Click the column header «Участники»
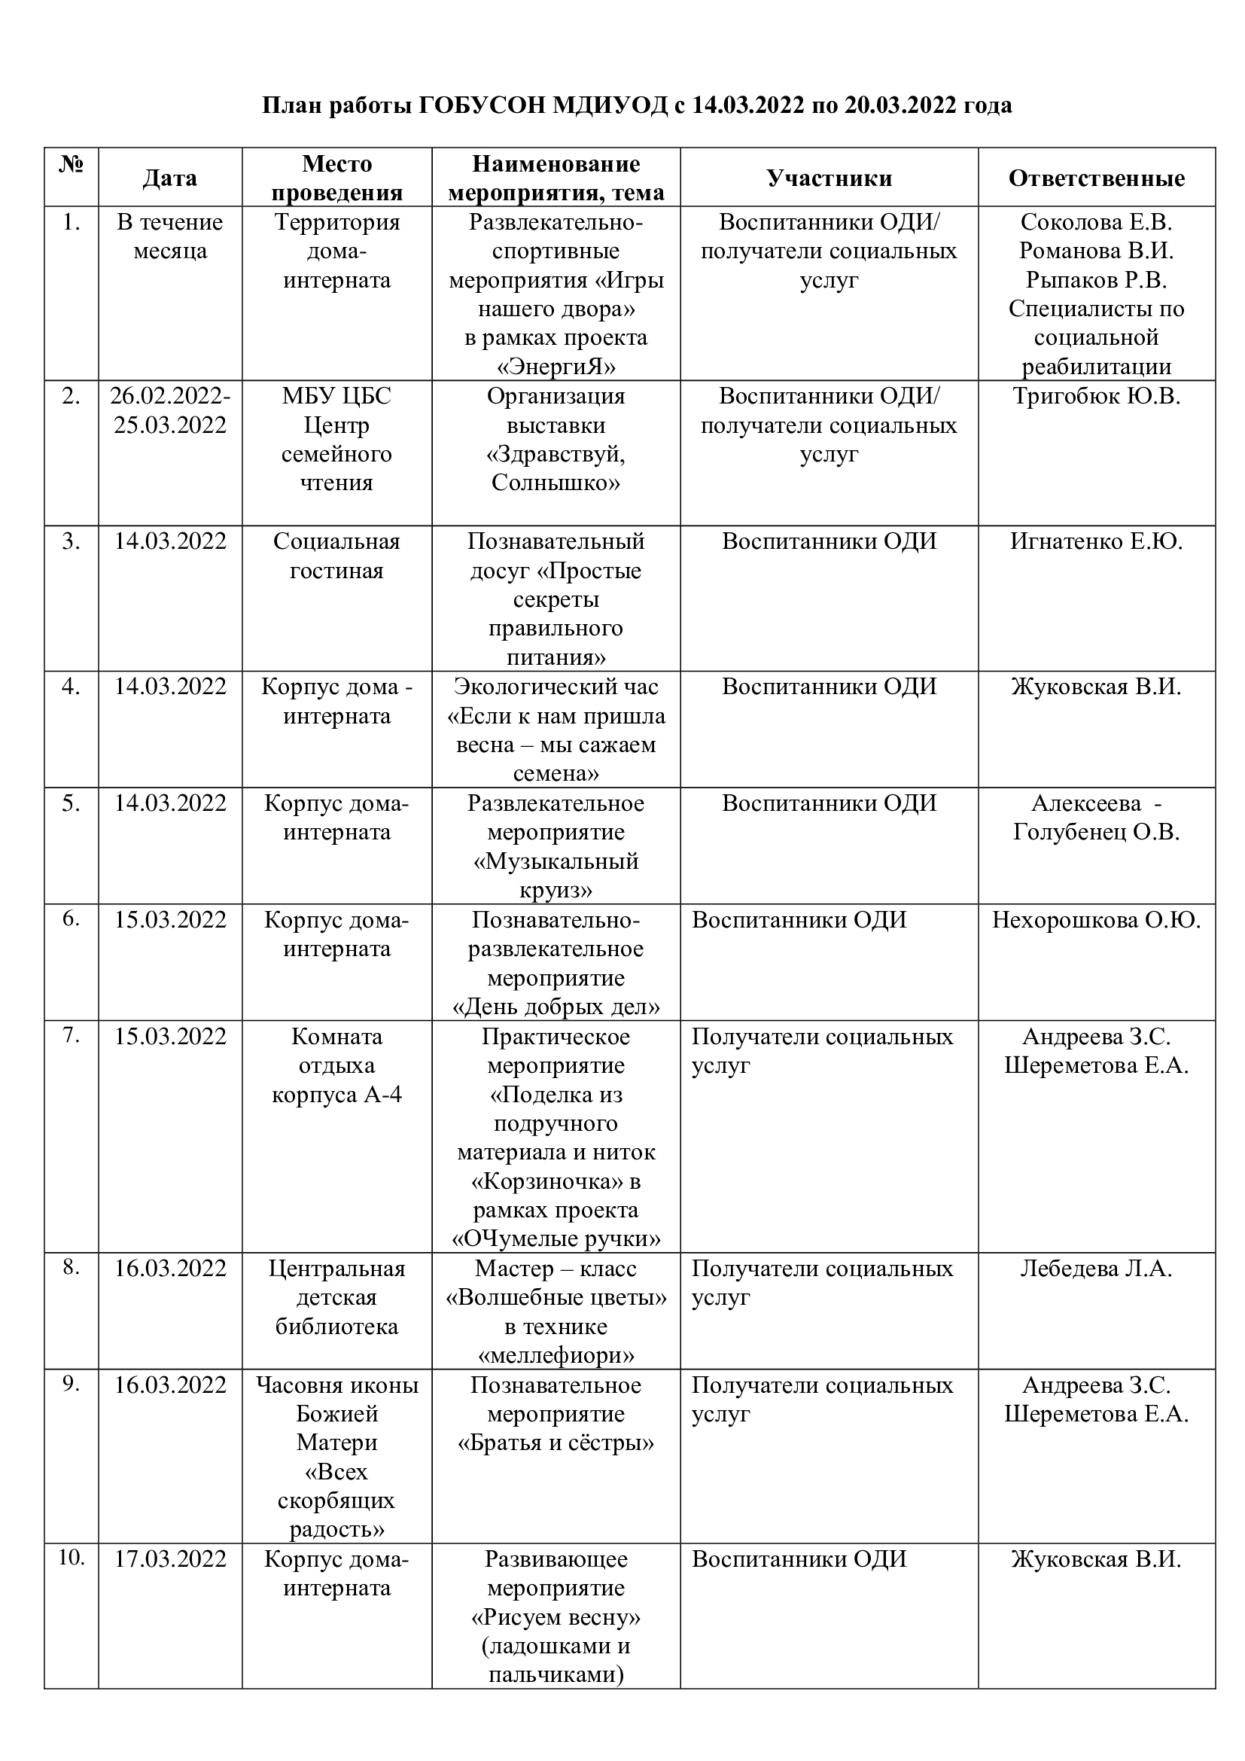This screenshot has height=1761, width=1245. [x=829, y=178]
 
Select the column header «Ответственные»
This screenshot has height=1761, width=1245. [x=1096, y=178]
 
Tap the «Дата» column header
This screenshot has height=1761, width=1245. [x=170, y=178]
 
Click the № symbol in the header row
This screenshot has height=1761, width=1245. [x=72, y=164]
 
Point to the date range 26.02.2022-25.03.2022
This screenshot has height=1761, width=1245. [x=170, y=410]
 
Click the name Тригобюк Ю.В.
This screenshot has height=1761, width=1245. [x=1096, y=397]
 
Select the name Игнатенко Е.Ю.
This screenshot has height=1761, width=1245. [x=1096, y=541]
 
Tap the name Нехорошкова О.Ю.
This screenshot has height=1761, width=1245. [x=1096, y=919]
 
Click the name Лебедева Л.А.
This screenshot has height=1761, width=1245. [x=1096, y=1269]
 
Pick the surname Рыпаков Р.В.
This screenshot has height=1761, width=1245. [x=1096, y=280]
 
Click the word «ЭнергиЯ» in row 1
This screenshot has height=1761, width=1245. [x=556, y=367]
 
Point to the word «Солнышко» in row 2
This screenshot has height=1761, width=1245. [x=556, y=483]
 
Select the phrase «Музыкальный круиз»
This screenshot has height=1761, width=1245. [x=556, y=876]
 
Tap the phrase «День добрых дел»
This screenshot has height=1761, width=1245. [x=556, y=1007]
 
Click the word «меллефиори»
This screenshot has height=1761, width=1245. [x=556, y=1356]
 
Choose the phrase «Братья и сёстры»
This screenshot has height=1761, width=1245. [x=556, y=1443]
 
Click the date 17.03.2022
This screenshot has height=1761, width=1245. [x=170, y=1559]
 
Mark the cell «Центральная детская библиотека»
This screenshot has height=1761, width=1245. [x=336, y=1298]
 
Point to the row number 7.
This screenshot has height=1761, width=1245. [x=72, y=1035]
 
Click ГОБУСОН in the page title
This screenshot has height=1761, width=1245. [x=480, y=105]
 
